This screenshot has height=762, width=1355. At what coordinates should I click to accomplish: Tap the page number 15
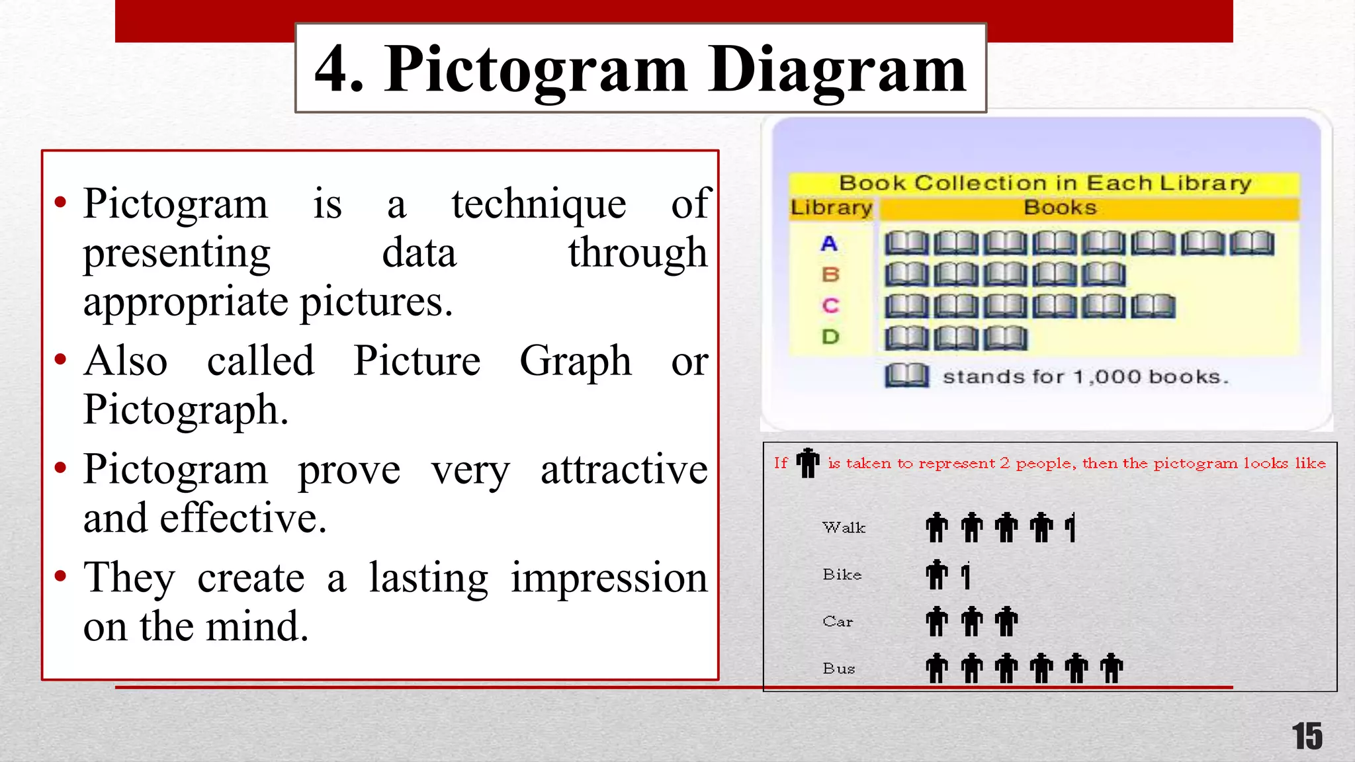click(x=1307, y=736)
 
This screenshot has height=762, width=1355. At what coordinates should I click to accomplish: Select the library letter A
click(x=829, y=243)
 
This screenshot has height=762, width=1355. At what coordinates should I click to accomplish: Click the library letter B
click(x=830, y=275)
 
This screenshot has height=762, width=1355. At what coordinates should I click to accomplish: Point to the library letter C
click(x=830, y=306)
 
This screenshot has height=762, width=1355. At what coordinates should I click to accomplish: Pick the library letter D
click(x=830, y=337)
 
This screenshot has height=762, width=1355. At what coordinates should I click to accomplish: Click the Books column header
click(x=1060, y=208)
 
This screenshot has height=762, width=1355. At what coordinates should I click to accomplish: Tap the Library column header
click(x=831, y=208)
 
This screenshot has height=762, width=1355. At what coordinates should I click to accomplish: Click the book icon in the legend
click(x=906, y=376)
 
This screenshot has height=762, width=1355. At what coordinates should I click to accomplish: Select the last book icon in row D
click(x=1005, y=338)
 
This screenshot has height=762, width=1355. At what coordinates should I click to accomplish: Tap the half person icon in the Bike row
click(x=966, y=575)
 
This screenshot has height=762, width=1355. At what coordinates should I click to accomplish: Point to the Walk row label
click(x=844, y=528)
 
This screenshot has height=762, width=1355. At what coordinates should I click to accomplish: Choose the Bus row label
click(x=839, y=669)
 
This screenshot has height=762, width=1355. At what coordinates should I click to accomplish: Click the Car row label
click(x=838, y=622)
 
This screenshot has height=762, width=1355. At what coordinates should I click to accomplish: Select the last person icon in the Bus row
click(x=1112, y=668)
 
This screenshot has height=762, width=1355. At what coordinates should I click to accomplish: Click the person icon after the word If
click(x=808, y=462)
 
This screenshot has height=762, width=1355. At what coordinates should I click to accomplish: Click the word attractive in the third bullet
click(x=624, y=470)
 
